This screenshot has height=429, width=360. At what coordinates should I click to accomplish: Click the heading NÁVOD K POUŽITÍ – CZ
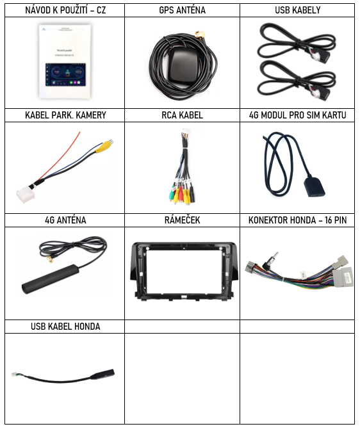pos(65,10)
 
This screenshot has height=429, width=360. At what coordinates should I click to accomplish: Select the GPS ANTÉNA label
pos(183,10)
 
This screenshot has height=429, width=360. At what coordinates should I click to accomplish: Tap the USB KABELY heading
pos(298,10)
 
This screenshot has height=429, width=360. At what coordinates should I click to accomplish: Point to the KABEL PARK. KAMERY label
pos(65,115)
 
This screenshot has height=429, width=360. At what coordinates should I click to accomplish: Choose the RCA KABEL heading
pos(183,115)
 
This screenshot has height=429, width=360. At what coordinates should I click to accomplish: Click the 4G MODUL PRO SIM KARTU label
pos(298,115)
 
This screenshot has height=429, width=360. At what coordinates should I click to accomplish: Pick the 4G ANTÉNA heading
pos(65,220)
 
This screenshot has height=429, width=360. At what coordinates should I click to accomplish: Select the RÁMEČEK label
pos(183,220)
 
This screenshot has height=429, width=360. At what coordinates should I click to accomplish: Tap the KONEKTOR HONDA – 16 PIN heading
pos(298,220)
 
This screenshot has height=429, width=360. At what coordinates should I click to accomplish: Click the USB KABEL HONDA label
pos(65,327)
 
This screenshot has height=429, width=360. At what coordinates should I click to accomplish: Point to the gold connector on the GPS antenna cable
pos(200,35)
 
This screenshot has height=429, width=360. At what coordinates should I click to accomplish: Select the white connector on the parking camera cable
pos(26,195)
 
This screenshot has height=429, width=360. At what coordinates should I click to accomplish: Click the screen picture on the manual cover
pos(65,74)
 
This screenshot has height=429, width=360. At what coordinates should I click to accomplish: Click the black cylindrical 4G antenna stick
pos(51,279)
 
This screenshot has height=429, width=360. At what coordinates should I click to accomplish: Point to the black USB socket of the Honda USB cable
pos(104,374)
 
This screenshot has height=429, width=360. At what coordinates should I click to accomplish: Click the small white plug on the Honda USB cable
pos(15,375)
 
